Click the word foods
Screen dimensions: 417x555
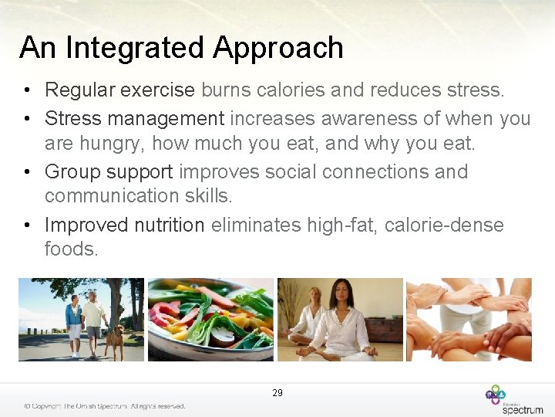coord(72,249)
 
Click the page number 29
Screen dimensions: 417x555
coord(277,393)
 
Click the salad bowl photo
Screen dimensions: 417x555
coord(210,320)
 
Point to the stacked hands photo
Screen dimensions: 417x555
coord(469,320)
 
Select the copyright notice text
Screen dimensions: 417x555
coord(104,406)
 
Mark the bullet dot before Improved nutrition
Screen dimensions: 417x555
coord(27,225)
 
